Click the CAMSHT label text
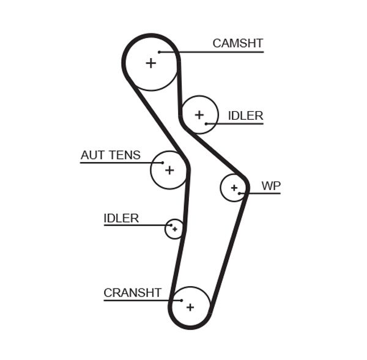coord(237,43)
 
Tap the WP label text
coord(270,185)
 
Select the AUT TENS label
coord(110,155)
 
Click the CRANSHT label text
coord(132,293)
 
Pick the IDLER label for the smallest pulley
coord(121,218)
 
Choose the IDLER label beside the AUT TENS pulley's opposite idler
coord(245,116)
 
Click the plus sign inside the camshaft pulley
coord(150,62)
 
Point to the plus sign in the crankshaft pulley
coord(190,307)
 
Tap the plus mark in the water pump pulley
coord(234,188)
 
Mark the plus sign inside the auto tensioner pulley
coord(169,170)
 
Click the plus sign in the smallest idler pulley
coord(175,229)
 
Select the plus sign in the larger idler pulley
coord(199,114)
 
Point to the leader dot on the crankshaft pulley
coord(182,300)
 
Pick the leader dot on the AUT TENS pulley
coord(162,163)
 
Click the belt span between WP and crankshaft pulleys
coord(229,251)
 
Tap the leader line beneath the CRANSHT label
coord(141,300)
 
